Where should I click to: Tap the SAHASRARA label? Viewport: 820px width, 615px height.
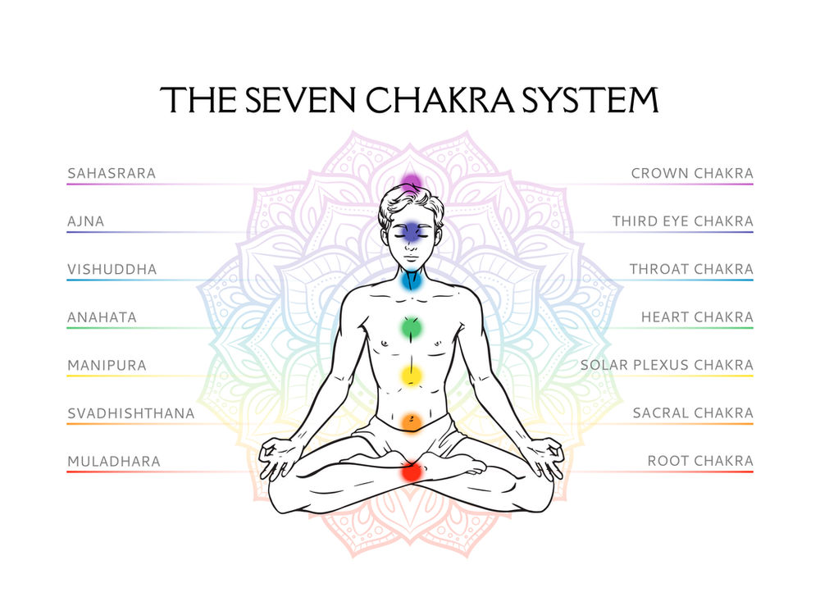tap(112, 174)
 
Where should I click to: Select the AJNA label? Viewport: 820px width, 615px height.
tap(86, 221)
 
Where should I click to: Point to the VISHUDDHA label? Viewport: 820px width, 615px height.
tap(112, 270)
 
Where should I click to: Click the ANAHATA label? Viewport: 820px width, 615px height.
tap(102, 317)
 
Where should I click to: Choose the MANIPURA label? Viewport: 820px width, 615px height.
tap(107, 366)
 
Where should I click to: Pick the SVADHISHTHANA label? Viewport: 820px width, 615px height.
tap(131, 413)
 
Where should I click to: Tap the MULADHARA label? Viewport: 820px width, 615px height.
tap(114, 462)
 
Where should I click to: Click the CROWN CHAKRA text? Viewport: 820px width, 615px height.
tap(692, 174)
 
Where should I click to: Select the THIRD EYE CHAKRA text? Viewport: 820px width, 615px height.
tap(682, 221)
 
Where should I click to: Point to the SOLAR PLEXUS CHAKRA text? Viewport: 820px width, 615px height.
tap(667, 366)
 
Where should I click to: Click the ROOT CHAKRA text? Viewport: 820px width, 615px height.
tap(700, 462)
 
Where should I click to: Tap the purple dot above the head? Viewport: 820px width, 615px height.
tap(411, 183)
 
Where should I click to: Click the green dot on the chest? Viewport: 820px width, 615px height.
tap(411, 328)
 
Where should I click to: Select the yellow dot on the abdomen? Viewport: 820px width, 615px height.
tap(411, 376)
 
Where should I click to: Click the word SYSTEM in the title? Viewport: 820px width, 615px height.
tap(589, 99)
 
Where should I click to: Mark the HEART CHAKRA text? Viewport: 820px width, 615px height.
tap(697, 317)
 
